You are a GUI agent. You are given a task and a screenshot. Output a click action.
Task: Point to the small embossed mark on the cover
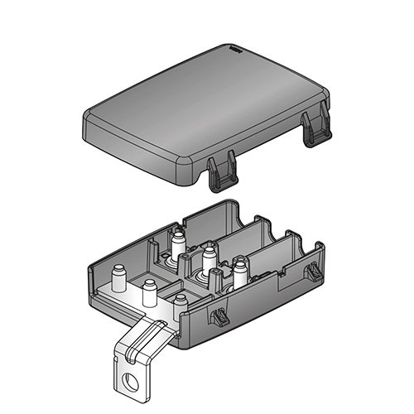pos(234,51)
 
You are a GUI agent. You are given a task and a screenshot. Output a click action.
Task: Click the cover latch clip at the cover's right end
pos(314,129)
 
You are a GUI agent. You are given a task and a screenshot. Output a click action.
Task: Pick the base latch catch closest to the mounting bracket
pos(220,315)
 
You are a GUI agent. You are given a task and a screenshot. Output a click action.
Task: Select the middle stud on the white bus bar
pos(150,291)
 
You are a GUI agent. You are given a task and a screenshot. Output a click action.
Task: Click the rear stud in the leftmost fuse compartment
pos(178,241)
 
